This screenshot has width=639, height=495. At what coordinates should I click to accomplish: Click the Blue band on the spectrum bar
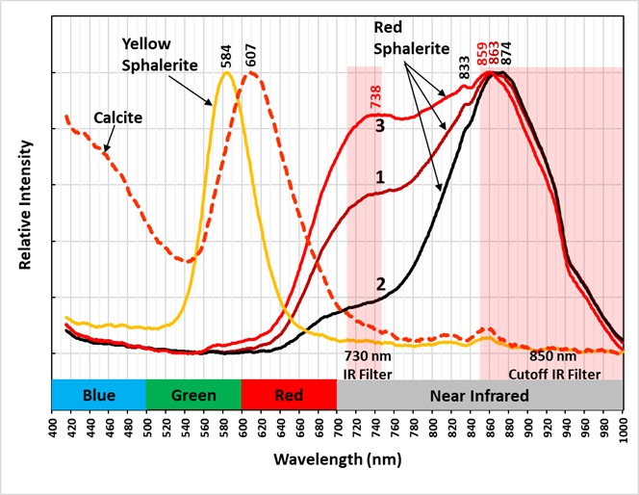[x=98, y=395]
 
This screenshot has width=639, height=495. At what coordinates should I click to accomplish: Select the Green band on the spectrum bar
[x=193, y=395]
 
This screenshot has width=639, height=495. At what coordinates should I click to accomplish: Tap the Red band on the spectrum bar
[x=289, y=395]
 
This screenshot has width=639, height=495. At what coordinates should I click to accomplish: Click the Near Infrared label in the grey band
[x=478, y=395]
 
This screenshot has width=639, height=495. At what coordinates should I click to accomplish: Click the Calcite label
[x=118, y=117]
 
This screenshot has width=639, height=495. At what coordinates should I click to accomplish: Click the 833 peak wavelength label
[x=465, y=66]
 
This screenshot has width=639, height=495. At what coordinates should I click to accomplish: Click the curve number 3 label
[x=380, y=126]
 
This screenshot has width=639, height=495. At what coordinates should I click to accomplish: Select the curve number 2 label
[x=380, y=284]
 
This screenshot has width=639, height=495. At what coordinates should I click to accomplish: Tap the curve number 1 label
[x=380, y=177]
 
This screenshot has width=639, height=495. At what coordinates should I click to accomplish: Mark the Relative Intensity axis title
[x=23, y=206]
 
